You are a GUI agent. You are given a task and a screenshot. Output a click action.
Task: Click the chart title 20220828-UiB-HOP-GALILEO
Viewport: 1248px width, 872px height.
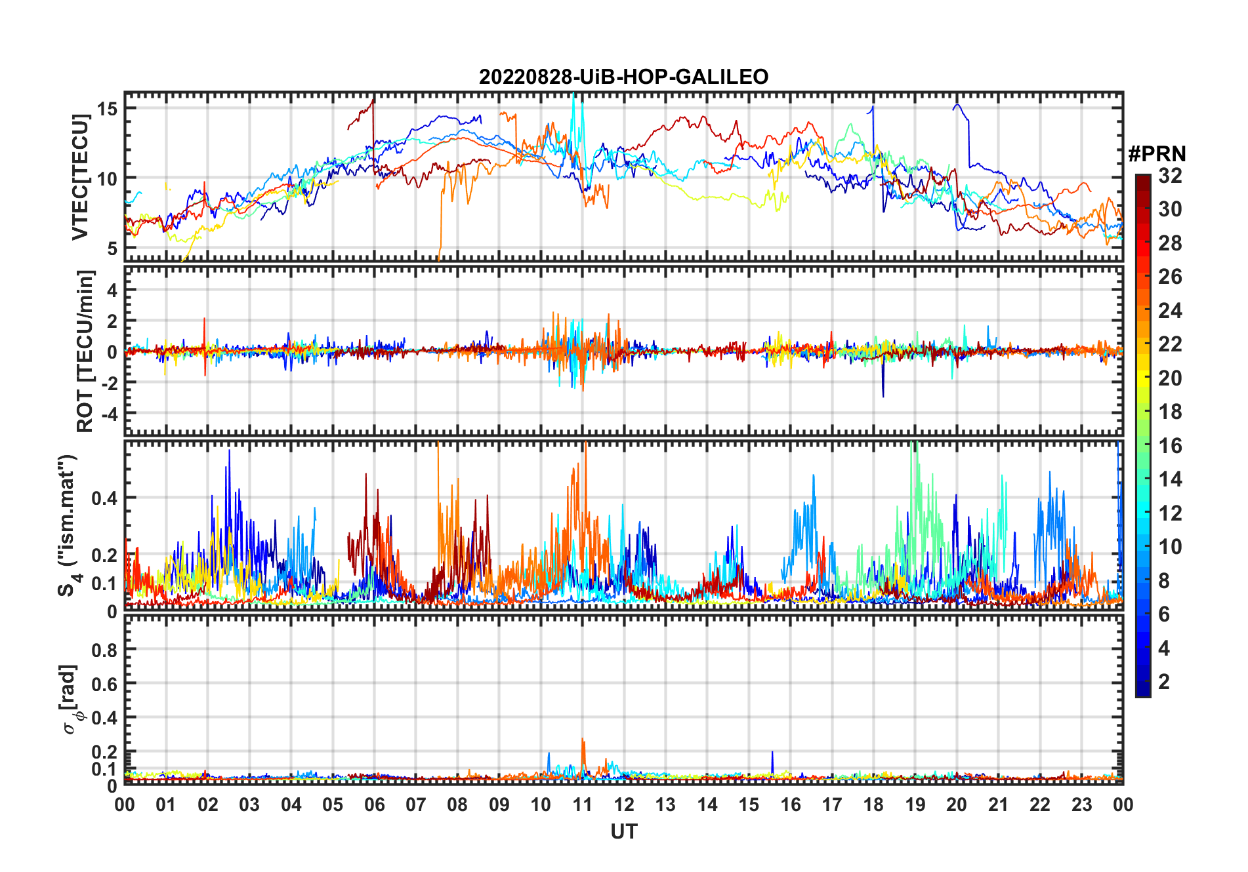coord(623,77)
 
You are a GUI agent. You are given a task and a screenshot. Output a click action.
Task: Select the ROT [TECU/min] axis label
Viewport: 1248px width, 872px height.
coord(85,351)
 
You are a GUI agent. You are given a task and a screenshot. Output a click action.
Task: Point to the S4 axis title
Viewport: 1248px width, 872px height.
coord(68,525)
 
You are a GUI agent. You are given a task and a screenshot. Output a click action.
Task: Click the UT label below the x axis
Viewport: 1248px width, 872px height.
coord(623,831)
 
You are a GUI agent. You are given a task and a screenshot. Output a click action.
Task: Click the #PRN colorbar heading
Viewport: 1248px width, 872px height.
coord(1157,154)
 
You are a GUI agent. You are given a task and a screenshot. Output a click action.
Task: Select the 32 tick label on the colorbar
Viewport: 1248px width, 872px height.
coord(1170,176)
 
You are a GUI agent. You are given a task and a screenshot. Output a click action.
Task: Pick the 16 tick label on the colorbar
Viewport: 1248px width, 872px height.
coord(1170,446)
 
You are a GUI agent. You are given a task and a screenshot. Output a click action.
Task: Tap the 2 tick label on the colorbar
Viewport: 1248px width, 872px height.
coord(1164,682)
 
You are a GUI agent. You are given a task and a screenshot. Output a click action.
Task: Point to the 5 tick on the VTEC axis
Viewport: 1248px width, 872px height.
coord(112,248)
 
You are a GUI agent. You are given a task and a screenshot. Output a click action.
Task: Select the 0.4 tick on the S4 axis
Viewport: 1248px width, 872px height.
coord(104,498)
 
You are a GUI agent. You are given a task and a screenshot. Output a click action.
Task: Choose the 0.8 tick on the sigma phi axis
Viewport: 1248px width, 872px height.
coord(104,650)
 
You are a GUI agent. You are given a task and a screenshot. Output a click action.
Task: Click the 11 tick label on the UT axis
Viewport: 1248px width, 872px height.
coord(582,805)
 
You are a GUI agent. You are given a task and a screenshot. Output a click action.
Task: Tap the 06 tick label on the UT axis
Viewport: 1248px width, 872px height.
coord(374,805)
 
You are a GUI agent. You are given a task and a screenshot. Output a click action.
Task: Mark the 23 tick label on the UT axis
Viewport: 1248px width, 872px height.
coord(1081,805)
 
